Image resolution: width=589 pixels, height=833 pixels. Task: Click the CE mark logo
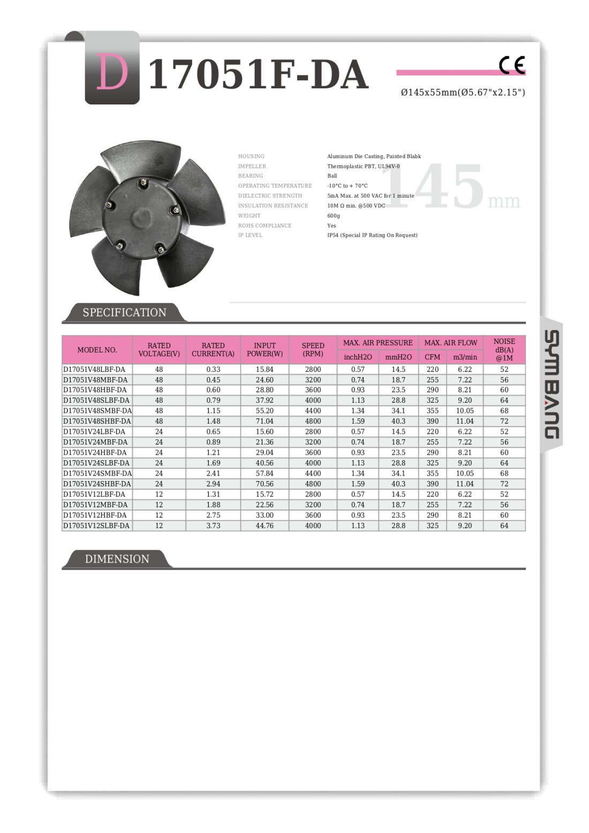tap(511, 65)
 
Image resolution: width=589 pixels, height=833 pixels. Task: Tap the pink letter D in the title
tap(112, 73)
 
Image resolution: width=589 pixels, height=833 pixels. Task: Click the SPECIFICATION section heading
tap(124, 312)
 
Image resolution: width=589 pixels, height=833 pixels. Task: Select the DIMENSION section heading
tap(117, 559)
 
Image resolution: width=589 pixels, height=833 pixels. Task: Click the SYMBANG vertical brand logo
tap(552, 385)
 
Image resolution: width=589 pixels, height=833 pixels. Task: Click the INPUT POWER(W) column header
tap(265, 350)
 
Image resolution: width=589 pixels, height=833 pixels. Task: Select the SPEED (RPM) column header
tap(313, 350)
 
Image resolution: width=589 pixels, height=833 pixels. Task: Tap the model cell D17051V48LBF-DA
tap(94, 370)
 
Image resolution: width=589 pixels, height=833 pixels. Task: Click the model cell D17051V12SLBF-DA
tap(96, 526)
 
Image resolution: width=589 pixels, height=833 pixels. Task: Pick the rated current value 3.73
tap(213, 526)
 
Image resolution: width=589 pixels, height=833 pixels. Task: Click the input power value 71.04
tap(265, 422)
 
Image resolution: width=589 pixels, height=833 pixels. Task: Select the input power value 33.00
tap(265, 515)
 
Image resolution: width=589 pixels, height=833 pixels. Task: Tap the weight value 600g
tap(334, 216)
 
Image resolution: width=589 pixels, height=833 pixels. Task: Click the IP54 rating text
tap(372, 235)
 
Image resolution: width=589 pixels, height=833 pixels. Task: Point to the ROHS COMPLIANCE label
tap(265, 226)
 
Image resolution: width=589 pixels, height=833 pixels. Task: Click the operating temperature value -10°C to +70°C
tap(348, 186)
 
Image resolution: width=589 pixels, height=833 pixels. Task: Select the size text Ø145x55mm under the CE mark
tap(463, 92)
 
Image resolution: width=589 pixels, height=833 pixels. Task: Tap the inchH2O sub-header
tap(358, 357)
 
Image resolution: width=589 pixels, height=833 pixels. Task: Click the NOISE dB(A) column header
tap(504, 350)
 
